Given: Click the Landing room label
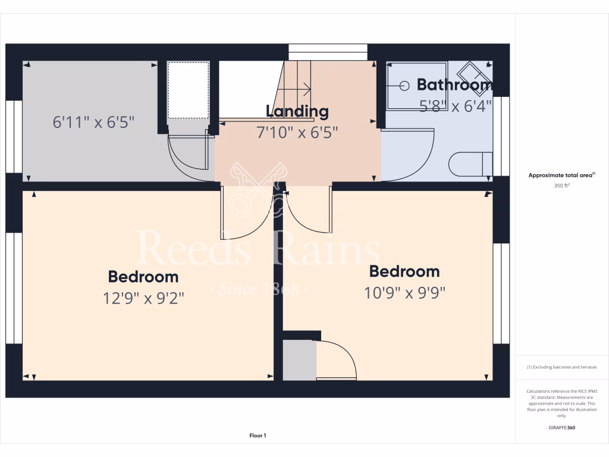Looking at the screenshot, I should pos(297,111).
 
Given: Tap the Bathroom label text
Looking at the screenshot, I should pos(454,84).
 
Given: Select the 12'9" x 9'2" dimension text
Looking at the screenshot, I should pos(143,298).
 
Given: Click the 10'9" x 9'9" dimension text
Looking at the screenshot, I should pos(404,293).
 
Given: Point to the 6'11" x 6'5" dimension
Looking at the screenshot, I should pos(94,123).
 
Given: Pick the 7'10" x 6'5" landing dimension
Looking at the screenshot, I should pos(297,132).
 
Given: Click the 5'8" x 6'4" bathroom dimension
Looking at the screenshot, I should pos(456,107).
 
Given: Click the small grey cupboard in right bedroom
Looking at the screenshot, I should pos(299,359).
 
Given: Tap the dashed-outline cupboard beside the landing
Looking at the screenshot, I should pos(188,91).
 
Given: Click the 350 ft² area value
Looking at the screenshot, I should pos(562,185).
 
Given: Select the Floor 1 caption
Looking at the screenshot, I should pos(258,436).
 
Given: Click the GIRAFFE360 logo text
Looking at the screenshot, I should pos(562,427).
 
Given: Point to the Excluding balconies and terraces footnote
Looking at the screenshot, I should pos(562,367).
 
